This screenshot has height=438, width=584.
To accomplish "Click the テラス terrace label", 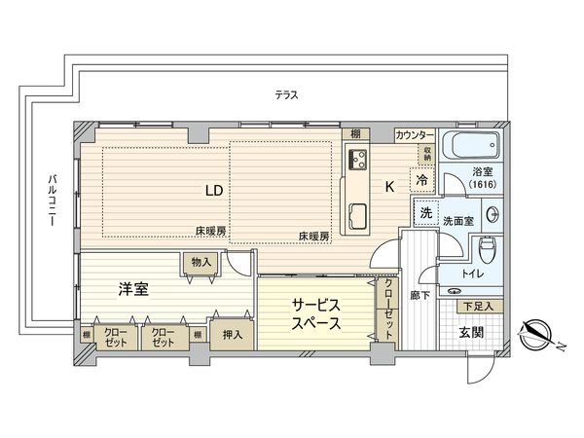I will click(285, 94).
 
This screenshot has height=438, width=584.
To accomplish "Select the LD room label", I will click(213, 191).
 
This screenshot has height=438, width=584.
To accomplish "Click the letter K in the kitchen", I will click(389, 186).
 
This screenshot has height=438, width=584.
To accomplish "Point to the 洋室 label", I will click(133, 288).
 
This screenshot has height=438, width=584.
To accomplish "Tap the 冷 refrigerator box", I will click(422, 180).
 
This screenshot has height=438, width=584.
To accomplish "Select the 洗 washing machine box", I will click(424, 213).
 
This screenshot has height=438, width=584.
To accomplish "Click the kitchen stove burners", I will click(355, 161).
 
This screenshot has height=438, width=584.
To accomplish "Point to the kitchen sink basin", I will click(357, 214).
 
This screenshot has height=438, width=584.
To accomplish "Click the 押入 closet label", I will click(232, 333).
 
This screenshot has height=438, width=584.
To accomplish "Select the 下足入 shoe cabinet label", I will click(478, 307).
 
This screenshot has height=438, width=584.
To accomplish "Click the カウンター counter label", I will click(415, 134).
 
